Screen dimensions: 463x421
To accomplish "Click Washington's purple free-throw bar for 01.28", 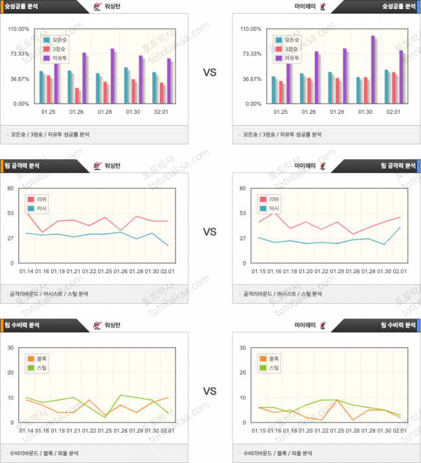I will [112, 76].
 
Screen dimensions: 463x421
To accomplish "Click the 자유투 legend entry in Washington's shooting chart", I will [56, 58].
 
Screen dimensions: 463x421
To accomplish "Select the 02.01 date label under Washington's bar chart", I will [161, 112].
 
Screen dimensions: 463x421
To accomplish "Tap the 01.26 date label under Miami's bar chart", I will [308, 112].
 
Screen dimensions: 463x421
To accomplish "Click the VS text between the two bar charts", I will [209, 73].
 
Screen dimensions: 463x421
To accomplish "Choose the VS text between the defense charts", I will [209, 391].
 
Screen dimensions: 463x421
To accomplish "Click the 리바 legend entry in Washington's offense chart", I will [39, 199].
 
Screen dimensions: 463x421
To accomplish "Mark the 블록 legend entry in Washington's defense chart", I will [39, 358].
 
